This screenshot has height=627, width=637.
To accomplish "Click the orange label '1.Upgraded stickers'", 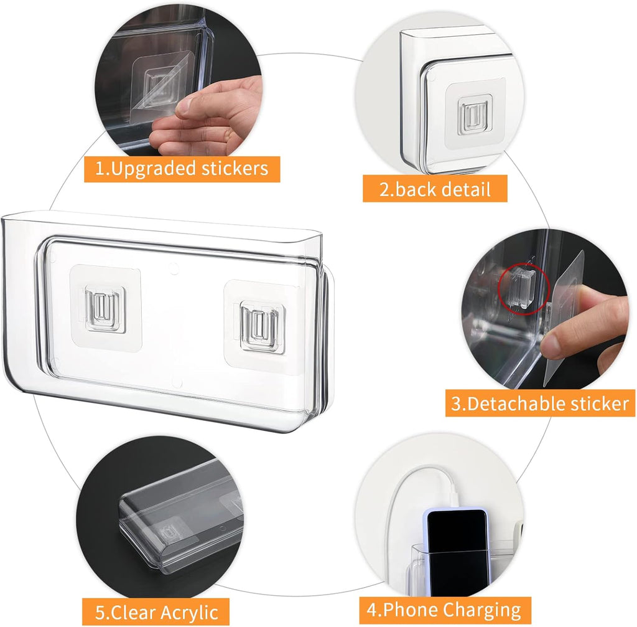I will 182,169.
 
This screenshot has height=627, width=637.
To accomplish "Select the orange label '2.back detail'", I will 435,189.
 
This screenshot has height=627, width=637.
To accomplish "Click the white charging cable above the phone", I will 398,492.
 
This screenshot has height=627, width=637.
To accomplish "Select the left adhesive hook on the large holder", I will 105,307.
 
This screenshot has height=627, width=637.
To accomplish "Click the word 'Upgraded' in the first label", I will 155,169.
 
